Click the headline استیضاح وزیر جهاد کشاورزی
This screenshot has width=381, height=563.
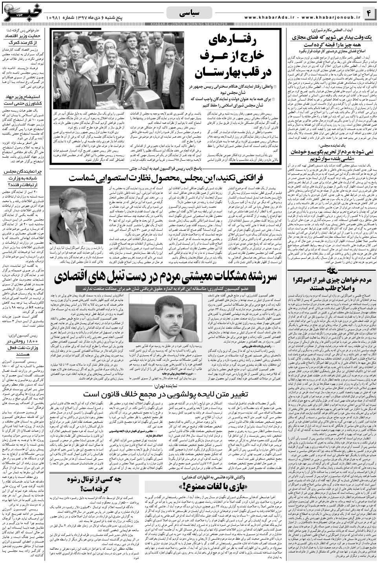pos(26,101)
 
